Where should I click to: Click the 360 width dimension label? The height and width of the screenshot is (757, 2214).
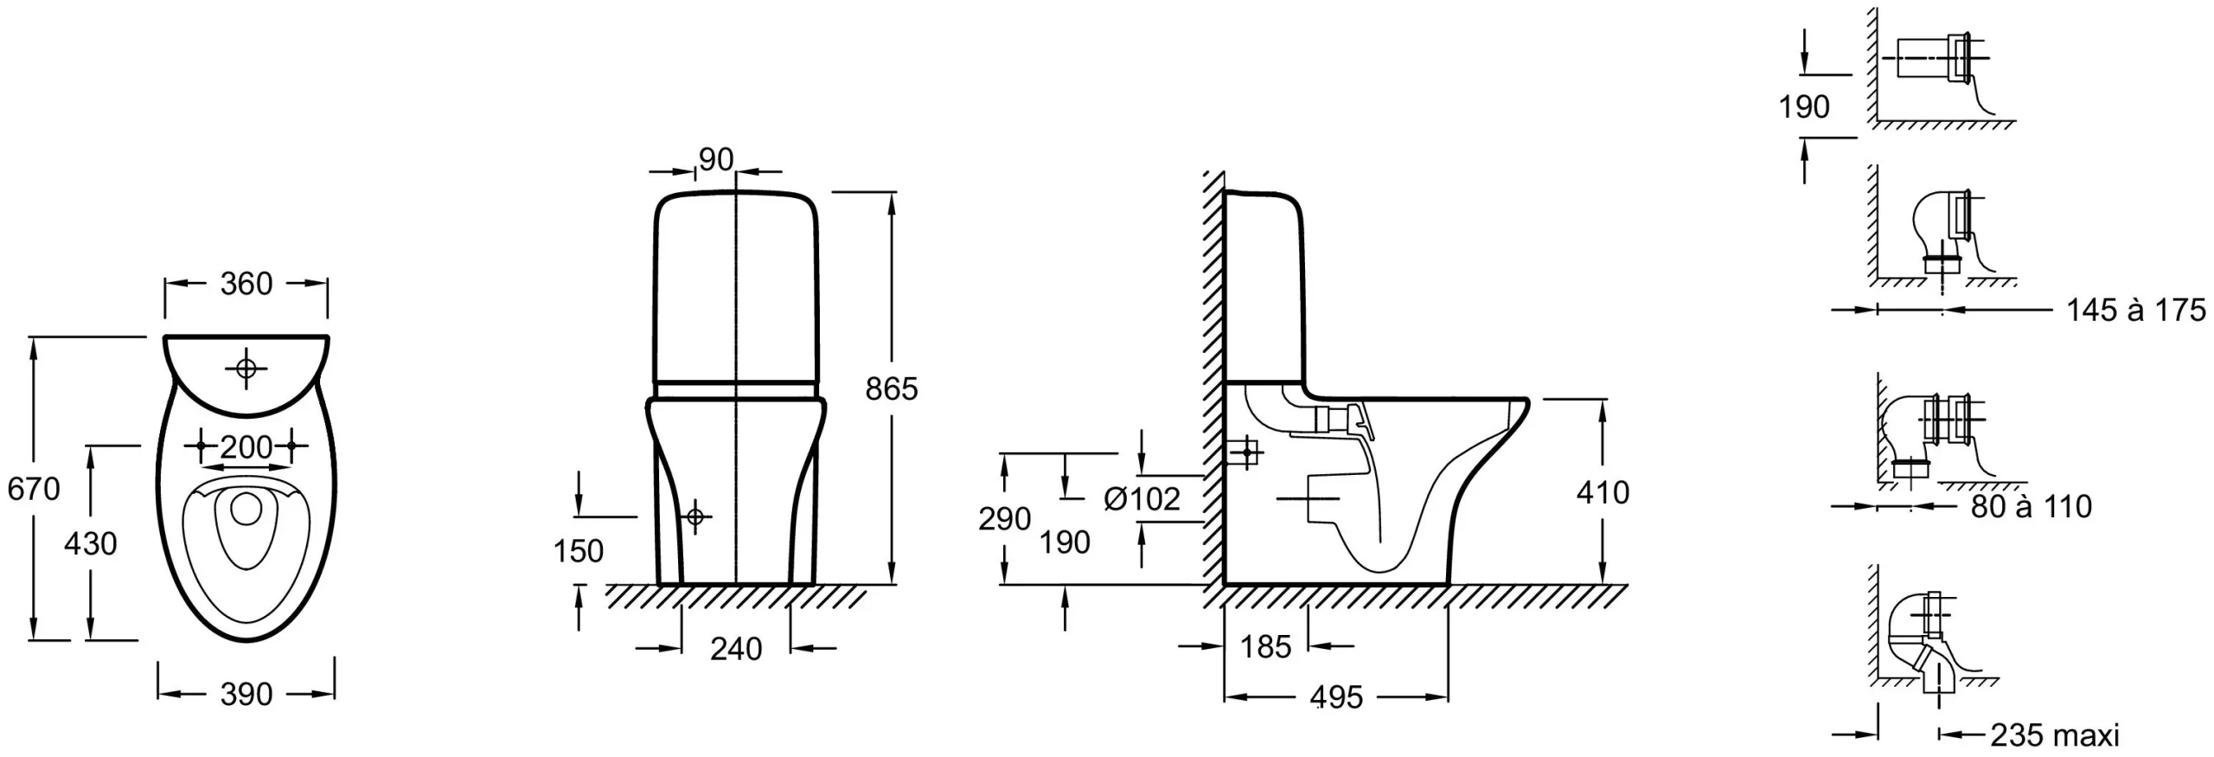246,284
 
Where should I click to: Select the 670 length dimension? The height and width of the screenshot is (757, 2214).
34,489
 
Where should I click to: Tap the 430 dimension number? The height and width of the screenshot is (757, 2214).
91,543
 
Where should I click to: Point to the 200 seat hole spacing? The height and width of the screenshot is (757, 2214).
246,446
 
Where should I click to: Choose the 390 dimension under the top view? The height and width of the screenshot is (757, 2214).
246,694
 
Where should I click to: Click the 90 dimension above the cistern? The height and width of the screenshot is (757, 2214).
716,160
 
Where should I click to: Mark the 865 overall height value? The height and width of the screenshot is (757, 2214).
892,389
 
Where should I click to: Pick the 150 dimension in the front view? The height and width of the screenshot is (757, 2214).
579,551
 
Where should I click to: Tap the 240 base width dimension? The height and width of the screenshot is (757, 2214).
736,649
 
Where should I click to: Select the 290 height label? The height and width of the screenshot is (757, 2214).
1004,519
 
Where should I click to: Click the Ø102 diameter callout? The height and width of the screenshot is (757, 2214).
1142,499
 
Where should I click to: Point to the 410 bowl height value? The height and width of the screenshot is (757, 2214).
1603,493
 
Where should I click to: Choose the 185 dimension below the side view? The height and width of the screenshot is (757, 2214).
1265,646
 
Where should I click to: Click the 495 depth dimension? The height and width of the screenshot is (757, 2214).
1336,697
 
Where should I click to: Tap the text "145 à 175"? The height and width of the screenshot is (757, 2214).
2136,310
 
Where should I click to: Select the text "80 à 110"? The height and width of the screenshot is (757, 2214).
2032,506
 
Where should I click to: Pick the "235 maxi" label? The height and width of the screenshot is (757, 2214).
2054,735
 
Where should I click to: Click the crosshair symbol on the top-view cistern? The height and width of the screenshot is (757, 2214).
246,369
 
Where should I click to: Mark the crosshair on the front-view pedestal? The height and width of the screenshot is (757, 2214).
694,517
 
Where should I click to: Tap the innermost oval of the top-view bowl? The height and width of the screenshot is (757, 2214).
247,509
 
